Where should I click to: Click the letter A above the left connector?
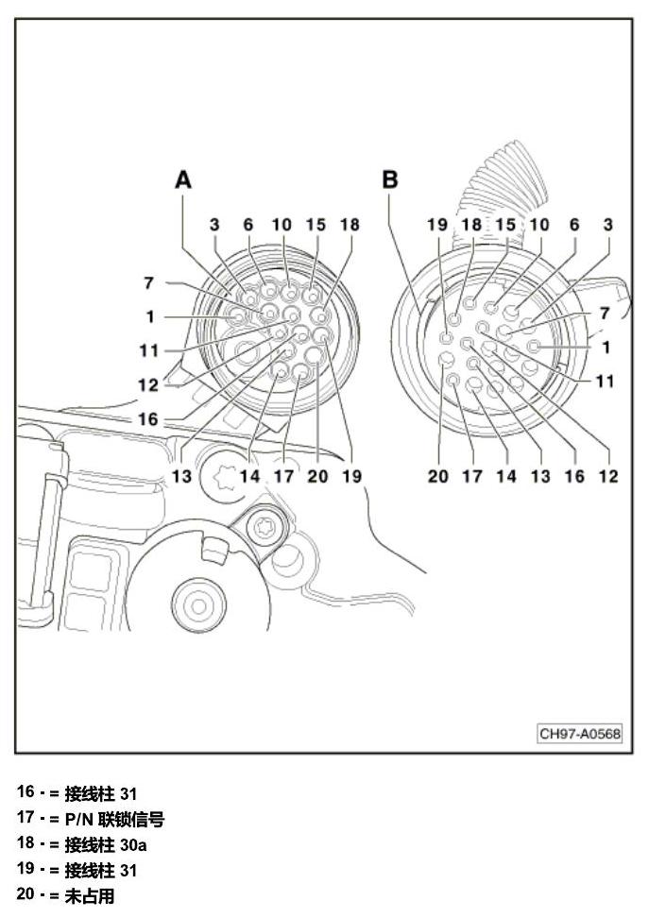click(x=183, y=179)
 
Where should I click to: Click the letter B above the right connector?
click(x=389, y=179)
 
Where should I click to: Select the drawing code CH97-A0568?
click(x=579, y=733)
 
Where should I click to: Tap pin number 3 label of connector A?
click(x=214, y=224)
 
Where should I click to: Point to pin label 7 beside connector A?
click(x=148, y=282)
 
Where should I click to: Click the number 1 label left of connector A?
click(x=150, y=316)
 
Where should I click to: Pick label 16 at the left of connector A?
click(x=148, y=419)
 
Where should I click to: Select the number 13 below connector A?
click(x=181, y=476)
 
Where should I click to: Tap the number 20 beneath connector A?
click(x=317, y=476)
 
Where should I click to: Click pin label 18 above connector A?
click(x=350, y=224)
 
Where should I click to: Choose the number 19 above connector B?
click(x=437, y=224)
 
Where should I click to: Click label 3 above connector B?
click(x=608, y=224)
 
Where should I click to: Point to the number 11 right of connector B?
click(x=605, y=382)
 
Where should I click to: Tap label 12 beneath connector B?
click(x=608, y=476)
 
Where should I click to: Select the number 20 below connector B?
click(x=437, y=476)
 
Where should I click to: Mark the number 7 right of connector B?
click(x=605, y=314)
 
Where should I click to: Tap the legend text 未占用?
click(x=90, y=895)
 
